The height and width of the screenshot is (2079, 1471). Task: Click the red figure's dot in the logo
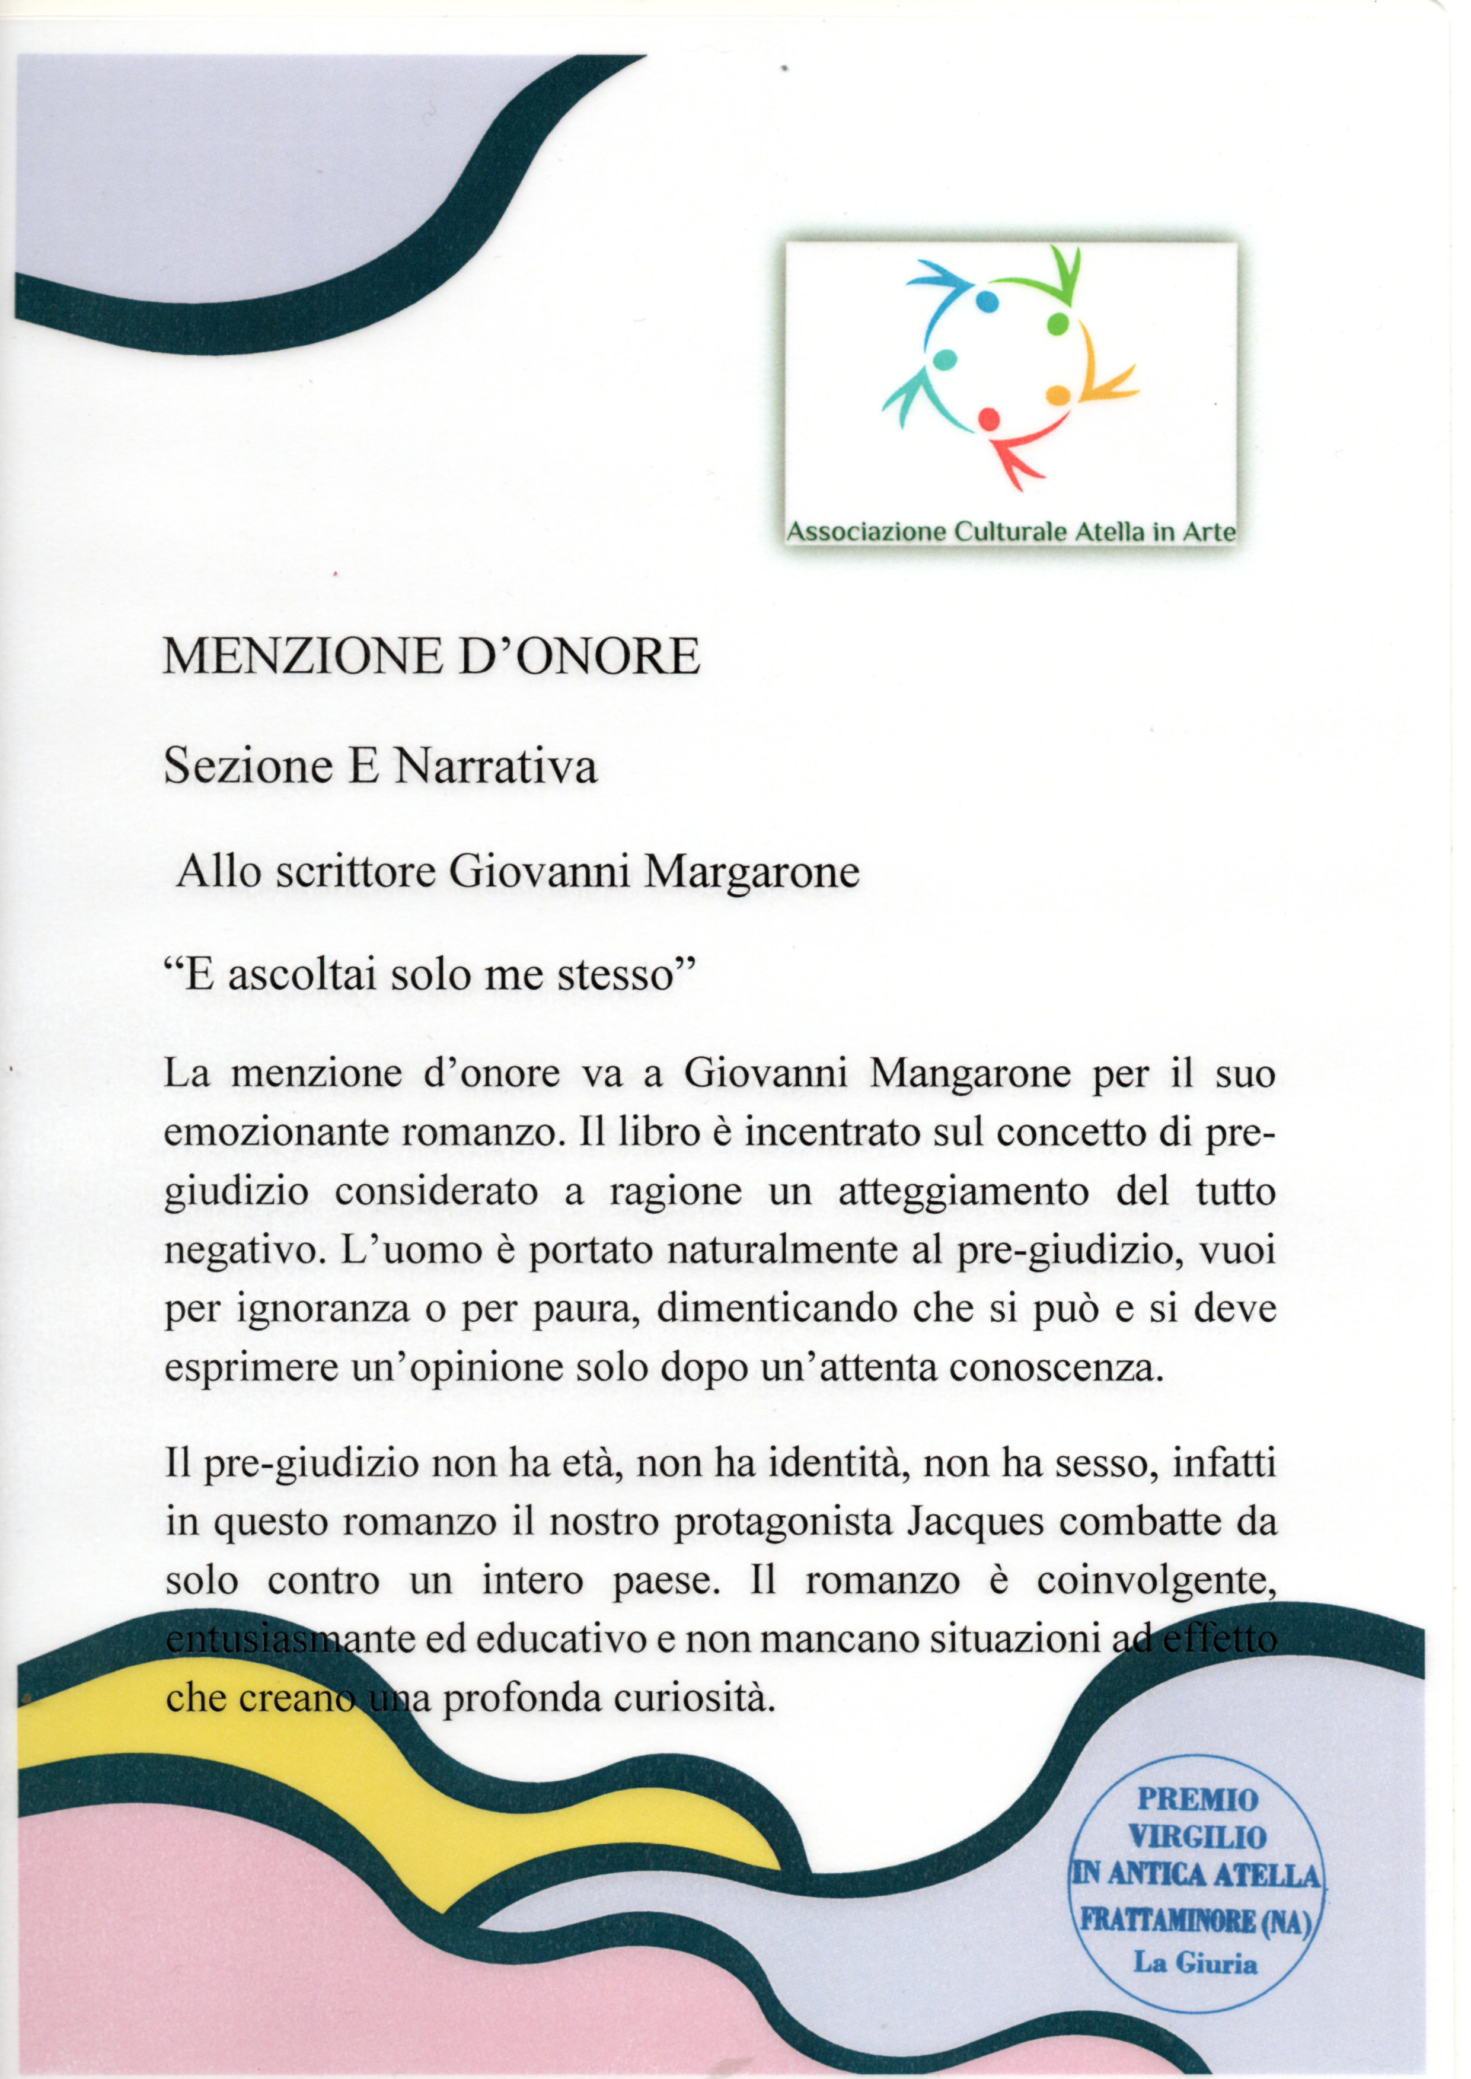988,419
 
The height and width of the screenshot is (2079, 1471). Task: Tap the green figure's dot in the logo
1058,323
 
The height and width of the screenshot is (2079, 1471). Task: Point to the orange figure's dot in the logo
1057,395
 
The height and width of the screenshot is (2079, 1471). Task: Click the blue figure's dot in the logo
987,300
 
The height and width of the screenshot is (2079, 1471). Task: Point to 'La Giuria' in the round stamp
1196,1963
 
